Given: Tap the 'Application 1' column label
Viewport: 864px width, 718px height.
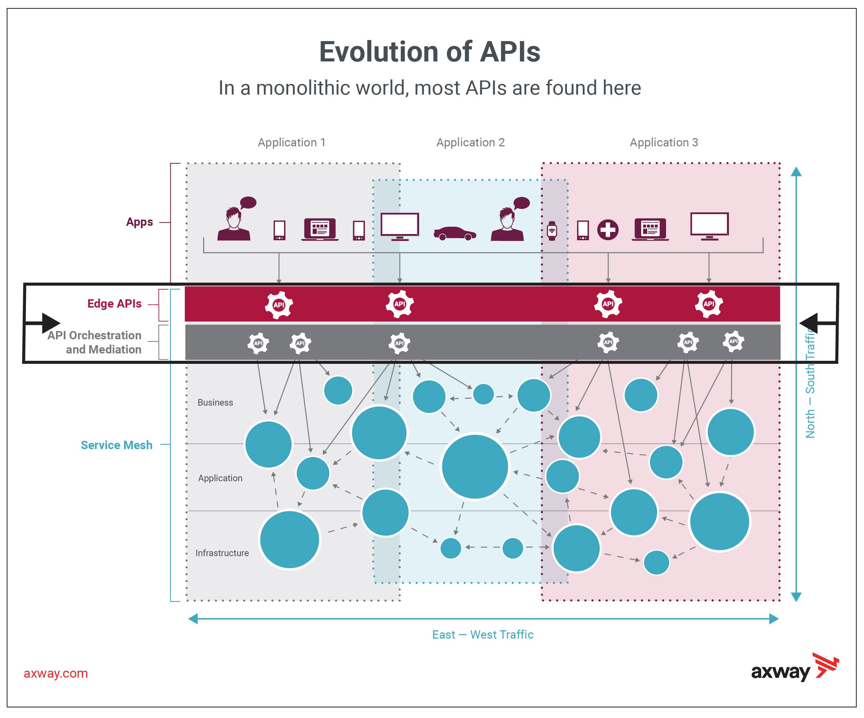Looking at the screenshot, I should coord(291,143).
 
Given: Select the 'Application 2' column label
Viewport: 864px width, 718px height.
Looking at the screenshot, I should coord(470,143).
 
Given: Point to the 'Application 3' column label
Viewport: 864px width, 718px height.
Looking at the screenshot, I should coord(664,143).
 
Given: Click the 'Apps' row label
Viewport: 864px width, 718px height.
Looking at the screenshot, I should coord(140,222).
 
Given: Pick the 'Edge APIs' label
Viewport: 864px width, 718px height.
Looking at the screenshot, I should coord(114,304).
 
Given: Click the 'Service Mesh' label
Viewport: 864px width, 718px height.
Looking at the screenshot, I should coord(116,445).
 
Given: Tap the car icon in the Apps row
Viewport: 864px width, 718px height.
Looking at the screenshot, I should coord(455,233).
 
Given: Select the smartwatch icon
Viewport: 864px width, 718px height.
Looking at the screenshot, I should coord(552,231).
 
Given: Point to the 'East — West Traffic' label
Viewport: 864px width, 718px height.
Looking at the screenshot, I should coord(483,634).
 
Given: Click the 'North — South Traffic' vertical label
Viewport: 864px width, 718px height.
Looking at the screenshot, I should coord(810,382).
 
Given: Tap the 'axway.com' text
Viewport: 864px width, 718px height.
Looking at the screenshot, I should coord(56,673).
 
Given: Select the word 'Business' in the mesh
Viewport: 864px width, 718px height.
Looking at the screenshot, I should coord(215,403).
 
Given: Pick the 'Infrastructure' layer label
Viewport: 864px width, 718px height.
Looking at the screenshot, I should coord(222,553).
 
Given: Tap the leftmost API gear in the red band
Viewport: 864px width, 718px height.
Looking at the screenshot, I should coord(278,305).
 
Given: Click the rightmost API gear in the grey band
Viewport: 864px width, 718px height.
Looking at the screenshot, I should coord(733,341).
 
